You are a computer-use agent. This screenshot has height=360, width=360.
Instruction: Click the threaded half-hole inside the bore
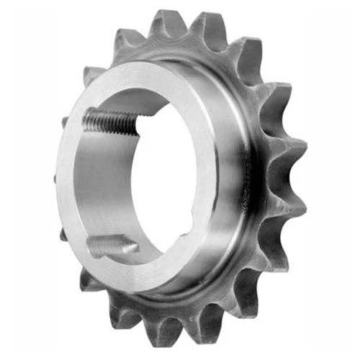coord(112,120)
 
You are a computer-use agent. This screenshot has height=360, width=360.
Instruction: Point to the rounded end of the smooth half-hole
coord(135,248)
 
